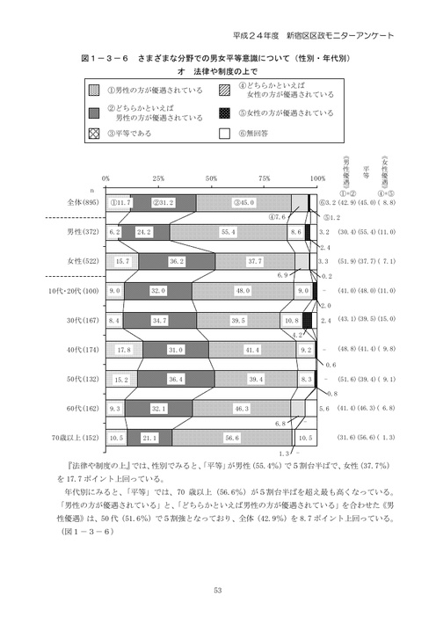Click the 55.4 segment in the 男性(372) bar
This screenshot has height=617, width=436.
coord(229,232)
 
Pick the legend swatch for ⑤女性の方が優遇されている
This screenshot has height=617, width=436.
coord(226,113)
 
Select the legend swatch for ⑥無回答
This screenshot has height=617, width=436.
coord(226,135)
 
